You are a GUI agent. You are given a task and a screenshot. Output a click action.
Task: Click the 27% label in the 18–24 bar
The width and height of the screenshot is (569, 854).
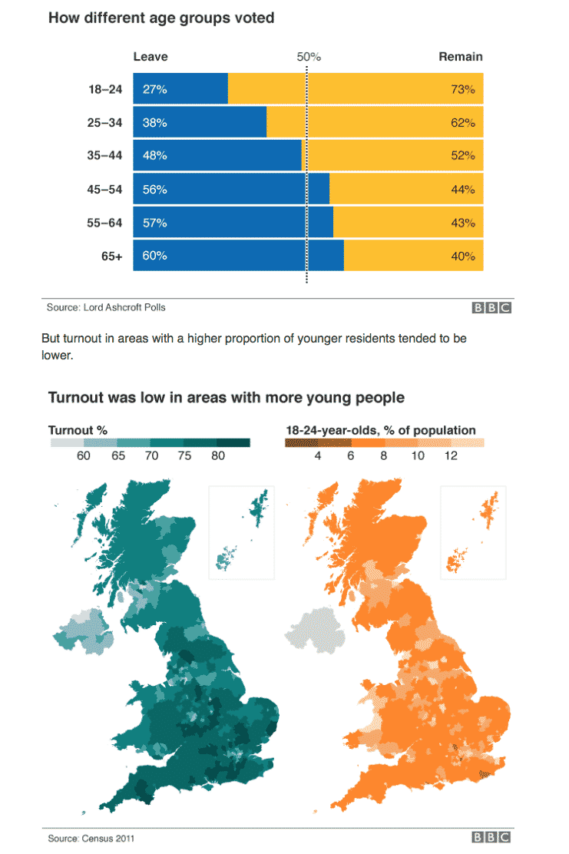click(x=154, y=89)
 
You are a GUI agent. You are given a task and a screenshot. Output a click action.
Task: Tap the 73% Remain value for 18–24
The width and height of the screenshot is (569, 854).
click(x=463, y=89)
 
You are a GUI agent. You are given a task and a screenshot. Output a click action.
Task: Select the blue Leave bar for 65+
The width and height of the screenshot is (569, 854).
click(x=238, y=256)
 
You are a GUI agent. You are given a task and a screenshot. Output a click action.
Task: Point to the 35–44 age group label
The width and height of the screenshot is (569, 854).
click(x=104, y=156)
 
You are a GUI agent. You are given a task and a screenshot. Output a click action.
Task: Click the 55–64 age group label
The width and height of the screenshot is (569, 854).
click(x=104, y=223)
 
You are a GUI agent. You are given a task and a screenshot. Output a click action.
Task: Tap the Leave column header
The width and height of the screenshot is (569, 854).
click(x=151, y=57)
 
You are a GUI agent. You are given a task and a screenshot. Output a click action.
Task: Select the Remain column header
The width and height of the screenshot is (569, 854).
click(x=460, y=57)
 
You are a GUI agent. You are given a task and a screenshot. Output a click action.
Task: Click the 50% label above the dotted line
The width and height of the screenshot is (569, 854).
click(x=309, y=57)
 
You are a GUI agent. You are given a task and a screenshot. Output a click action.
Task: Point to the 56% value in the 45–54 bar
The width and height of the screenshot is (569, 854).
click(x=154, y=190)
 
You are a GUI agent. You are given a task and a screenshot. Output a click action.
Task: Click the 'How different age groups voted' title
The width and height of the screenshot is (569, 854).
click(x=161, y=17)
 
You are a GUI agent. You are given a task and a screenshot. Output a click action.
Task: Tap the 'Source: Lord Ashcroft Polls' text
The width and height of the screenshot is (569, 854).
click(x=106, y=307)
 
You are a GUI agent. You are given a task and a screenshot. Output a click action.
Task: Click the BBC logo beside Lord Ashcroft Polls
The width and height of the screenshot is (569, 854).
click(x=491, y=308)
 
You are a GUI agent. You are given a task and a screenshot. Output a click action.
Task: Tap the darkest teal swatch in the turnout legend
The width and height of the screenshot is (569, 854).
click(x=233, y=442)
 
